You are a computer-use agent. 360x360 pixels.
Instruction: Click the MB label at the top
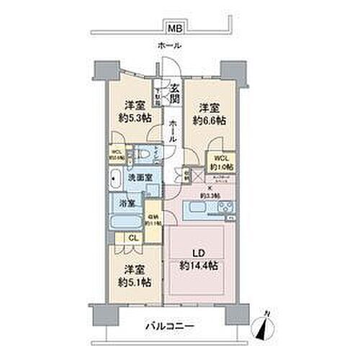coord(175,29)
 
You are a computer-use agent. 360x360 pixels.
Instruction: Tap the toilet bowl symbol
coord(145,154)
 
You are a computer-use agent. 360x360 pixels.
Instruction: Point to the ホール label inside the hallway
coord(174,132)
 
